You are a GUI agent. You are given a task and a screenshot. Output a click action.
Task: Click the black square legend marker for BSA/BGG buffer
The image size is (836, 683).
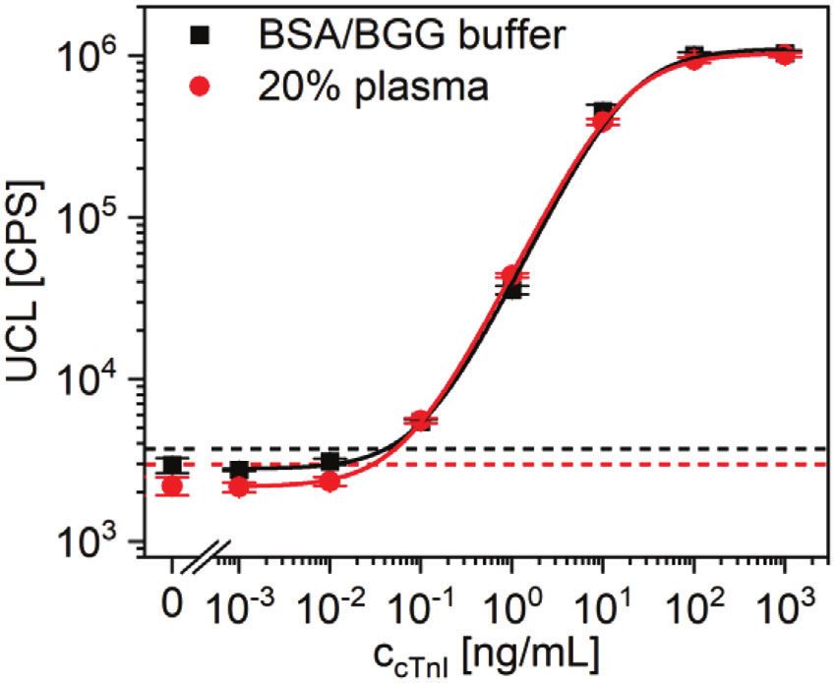point(229,36)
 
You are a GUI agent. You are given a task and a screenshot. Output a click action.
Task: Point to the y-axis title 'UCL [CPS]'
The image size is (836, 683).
point(30,295)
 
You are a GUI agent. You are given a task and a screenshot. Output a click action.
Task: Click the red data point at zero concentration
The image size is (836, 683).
point(173,485)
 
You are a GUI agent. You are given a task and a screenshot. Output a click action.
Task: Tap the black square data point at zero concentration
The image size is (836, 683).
point(173,466)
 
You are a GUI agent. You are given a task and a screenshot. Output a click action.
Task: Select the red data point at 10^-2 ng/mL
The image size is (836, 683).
point(329,482)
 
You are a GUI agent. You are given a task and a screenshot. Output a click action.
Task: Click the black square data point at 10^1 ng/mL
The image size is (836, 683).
point(603,110)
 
